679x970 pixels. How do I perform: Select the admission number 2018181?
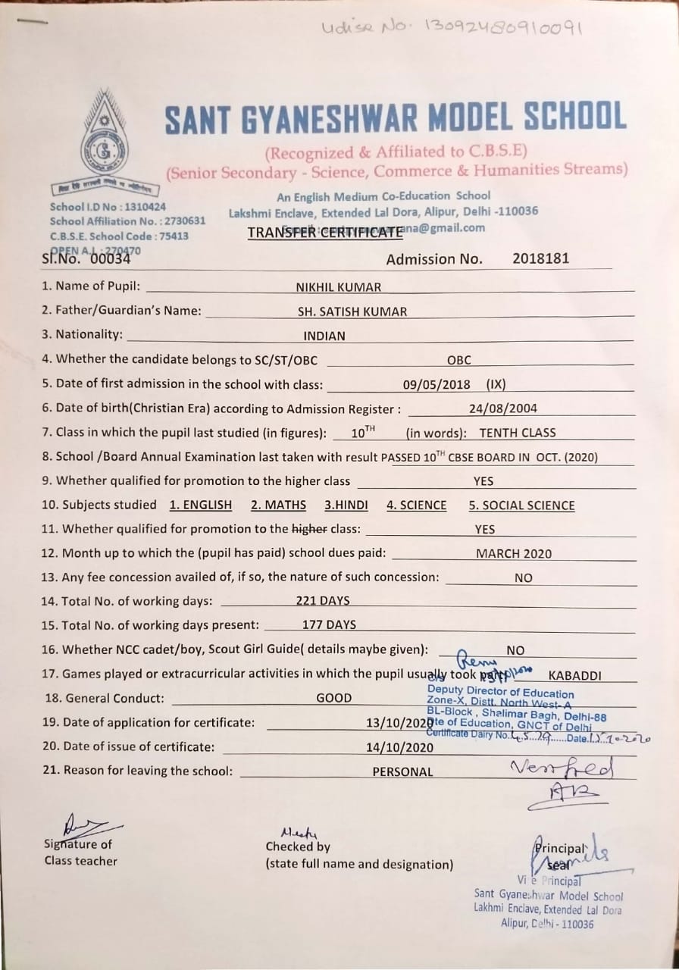[540, 258]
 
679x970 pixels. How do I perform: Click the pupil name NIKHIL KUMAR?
[338, 287]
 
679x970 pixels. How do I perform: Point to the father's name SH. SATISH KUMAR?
[352, 311]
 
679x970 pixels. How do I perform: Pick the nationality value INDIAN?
[324, 336]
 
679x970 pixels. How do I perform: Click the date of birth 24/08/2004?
[503, 408]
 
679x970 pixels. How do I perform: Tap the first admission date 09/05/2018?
[436, 384]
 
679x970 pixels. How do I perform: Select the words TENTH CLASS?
[518, 433]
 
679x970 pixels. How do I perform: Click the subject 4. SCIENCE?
[416, 505]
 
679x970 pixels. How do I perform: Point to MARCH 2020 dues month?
[514, 554]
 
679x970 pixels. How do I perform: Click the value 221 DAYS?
[323, 601]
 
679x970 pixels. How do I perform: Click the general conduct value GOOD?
[333, 698]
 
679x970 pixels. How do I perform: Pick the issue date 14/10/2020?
[399, 747]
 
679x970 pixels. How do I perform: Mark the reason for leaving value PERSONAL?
[402, 772]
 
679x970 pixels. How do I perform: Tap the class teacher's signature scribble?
[83, 824]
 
